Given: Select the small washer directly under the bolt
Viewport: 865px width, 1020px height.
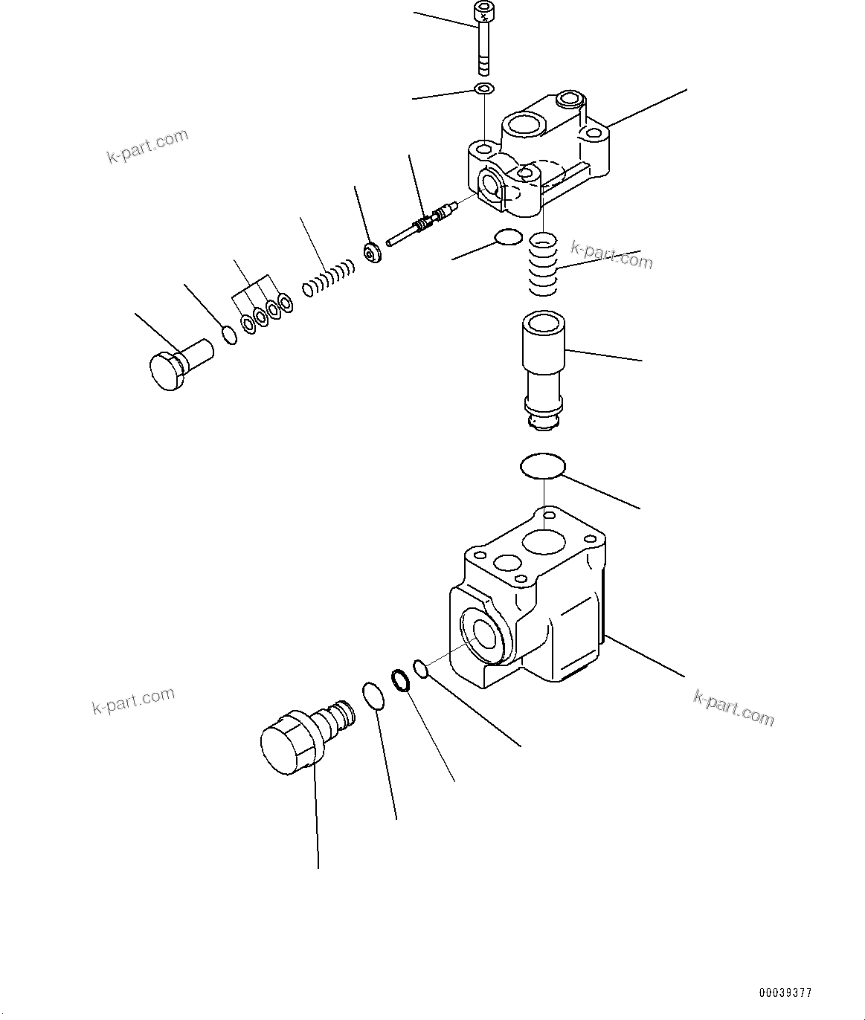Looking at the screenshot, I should coord(484,90).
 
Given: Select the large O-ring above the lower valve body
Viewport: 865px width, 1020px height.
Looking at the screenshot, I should coord(542,466).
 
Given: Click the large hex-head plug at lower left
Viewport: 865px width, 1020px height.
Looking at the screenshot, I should coord(298,740).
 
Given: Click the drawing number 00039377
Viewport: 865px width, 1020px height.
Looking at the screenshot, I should coord(785,992).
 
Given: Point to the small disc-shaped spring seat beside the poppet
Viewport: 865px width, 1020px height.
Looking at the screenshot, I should coord(372,252).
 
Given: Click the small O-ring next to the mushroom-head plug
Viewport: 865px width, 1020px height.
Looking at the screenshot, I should coord(231,334).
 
